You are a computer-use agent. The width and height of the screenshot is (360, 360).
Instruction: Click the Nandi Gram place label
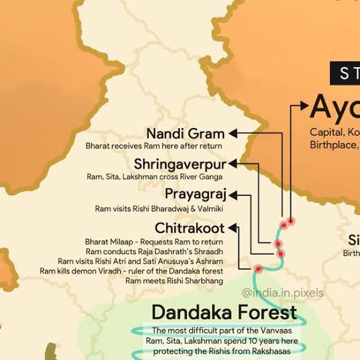(186, 133)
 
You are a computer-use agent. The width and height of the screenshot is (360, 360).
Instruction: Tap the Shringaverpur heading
(180, 163)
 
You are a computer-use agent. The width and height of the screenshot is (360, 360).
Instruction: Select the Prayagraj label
(195, 194)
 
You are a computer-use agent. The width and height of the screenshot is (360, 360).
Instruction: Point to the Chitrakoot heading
(190, 228)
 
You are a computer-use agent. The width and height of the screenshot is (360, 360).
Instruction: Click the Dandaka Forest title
(224, 311)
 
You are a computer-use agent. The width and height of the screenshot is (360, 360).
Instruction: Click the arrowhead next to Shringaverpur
(233, 163)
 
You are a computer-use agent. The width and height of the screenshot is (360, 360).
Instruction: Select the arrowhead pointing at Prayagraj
(233, 194)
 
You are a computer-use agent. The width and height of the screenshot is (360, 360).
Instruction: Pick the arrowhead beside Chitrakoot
(233, 228)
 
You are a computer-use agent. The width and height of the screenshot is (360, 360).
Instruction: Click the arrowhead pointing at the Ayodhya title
(303, 104)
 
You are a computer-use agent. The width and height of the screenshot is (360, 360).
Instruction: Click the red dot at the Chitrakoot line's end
(259, 268)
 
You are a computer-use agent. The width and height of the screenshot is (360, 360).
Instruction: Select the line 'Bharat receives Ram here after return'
(155, 146)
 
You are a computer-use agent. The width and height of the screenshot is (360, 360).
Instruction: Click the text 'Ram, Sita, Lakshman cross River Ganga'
(155, 176)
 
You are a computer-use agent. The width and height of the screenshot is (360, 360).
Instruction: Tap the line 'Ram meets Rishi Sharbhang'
(174, 280)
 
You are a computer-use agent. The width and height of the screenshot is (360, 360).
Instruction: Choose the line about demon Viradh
(131, 270)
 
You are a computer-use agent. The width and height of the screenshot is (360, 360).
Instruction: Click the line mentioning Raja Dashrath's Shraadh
(155, 251)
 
